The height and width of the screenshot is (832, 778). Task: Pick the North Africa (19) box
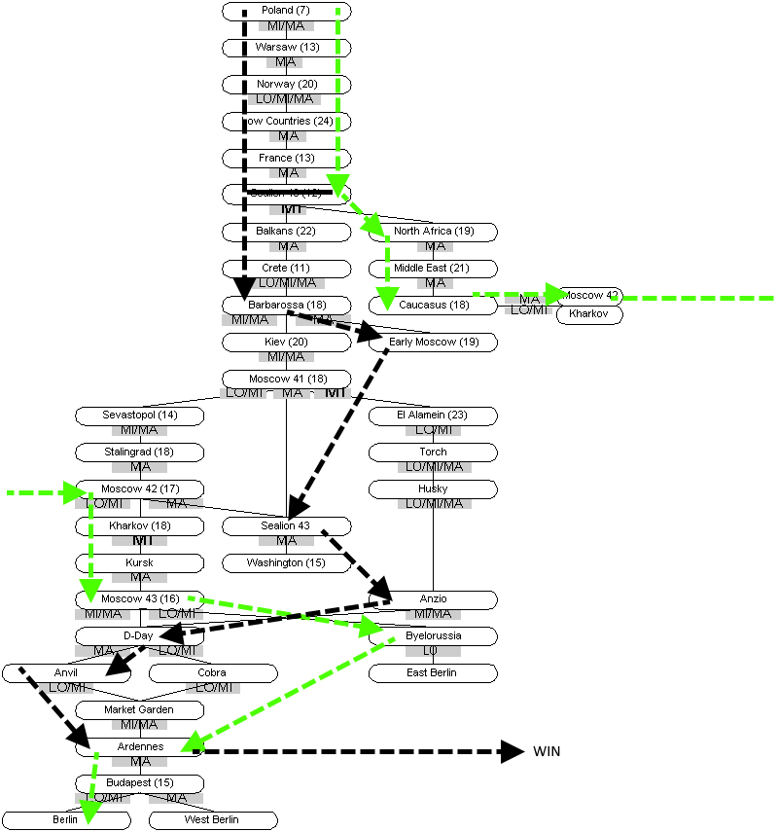tap(434, 232)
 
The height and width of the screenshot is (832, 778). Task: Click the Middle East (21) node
tap(434, 269)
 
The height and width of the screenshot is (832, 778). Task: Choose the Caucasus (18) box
tap(434, 306)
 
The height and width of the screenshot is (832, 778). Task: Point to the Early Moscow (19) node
tap(434, 343)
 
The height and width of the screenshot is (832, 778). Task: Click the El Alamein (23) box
tap(434, 416)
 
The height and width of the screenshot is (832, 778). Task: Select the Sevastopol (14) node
tap(140, 416)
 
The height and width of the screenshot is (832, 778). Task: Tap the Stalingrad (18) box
tap(140, 452)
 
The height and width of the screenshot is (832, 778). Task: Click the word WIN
tap(547, 751)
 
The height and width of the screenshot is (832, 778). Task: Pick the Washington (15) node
tap(286, 563)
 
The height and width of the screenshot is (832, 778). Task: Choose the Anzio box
tap(434, 599)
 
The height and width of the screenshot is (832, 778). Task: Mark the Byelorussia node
tap(434, 636)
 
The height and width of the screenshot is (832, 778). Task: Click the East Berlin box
tap(434, 673)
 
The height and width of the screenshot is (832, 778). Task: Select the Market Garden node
tap(140, 710)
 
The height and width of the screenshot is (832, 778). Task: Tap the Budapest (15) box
tap(140, 783)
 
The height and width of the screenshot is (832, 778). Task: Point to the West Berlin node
tap(212, 820)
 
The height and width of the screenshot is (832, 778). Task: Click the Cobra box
tap(212, 673)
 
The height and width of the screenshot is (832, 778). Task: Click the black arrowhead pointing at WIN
tap(513, 750)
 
